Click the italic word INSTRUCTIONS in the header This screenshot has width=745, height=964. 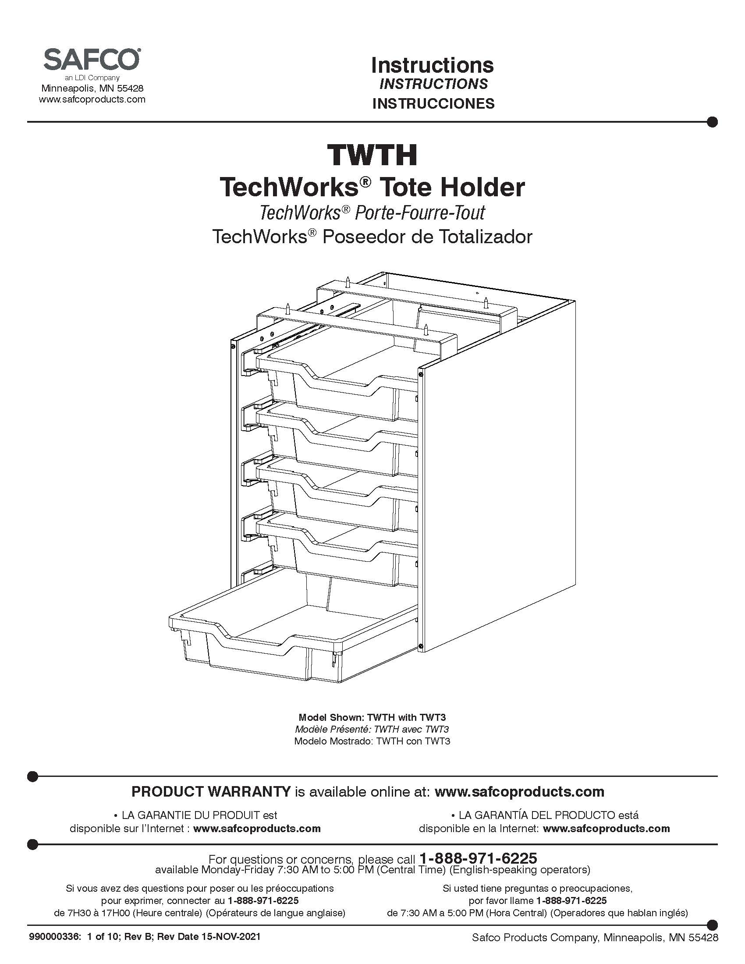[433, 84]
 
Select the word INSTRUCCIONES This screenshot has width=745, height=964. [433, 103]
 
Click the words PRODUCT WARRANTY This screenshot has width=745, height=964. [211, 791]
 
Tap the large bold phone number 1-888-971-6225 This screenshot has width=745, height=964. [478, 858]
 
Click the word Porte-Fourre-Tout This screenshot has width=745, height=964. [420, 213]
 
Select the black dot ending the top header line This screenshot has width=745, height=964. [712, 122]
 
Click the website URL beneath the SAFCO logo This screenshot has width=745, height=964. [92, 99]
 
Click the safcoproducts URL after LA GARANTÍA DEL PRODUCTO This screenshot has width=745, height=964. [607, 829]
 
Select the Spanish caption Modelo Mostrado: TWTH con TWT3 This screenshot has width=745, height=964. [372, 741]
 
